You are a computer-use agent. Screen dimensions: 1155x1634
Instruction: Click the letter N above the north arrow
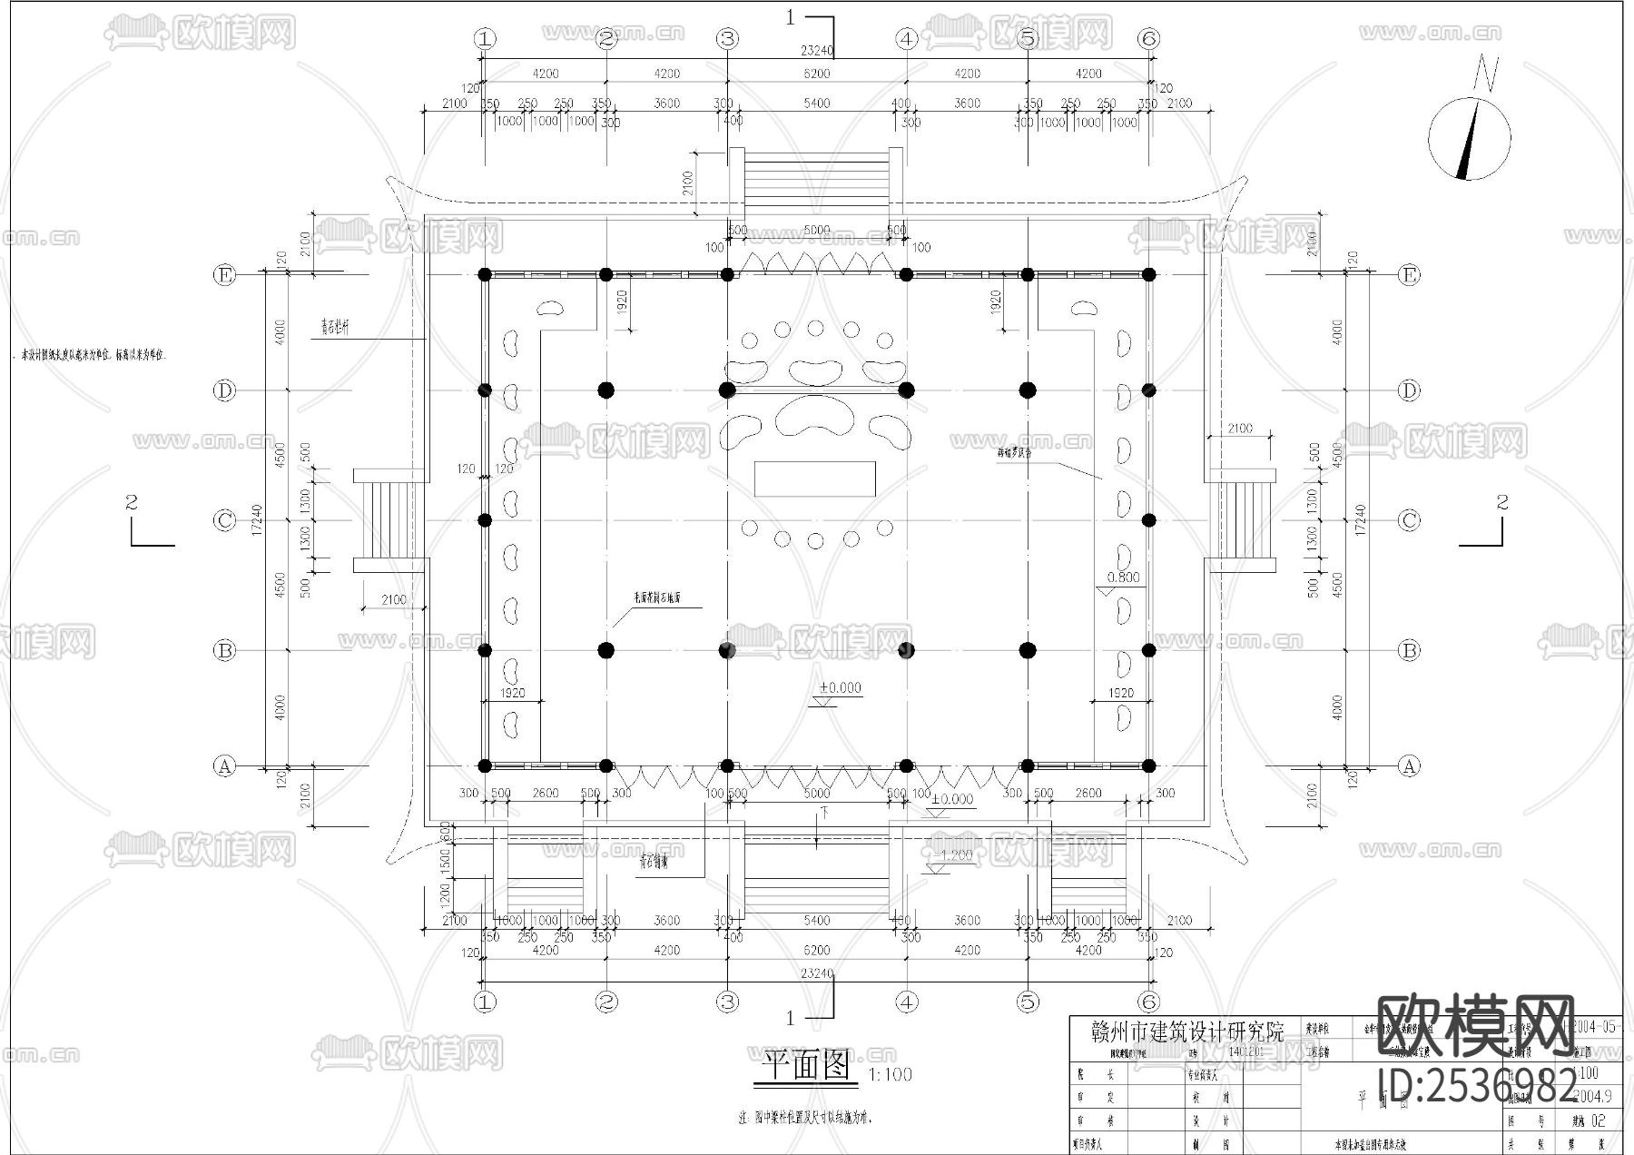coord(1485,74)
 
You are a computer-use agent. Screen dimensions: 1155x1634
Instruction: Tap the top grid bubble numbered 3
coord(728,39)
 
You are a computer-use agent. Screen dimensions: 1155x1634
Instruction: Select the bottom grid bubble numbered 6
coord(1148,1002)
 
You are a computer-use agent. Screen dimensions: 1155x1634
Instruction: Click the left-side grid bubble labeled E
coord(224,275)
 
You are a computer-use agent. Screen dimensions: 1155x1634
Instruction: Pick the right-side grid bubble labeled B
coord(1409,650)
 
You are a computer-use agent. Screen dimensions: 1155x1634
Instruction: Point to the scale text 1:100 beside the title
coord(891,1075)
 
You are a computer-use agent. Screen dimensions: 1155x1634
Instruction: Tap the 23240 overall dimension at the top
coord(816,52)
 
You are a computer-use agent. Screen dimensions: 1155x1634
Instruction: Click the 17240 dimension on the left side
coord(257,519)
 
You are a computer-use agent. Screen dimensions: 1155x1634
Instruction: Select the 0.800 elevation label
coord(1123,577)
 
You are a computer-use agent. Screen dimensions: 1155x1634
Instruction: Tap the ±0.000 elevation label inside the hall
coord(841,687)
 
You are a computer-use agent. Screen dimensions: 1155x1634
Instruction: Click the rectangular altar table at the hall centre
coord(815,479)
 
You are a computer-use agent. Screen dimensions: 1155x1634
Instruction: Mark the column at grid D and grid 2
coord(606,390)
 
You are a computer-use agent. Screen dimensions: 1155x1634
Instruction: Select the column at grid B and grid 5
coord(1028,650)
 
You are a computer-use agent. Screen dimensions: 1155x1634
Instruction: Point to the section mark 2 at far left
coord(133,502)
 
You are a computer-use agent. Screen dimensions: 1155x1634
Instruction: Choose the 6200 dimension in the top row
coord(816,74)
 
